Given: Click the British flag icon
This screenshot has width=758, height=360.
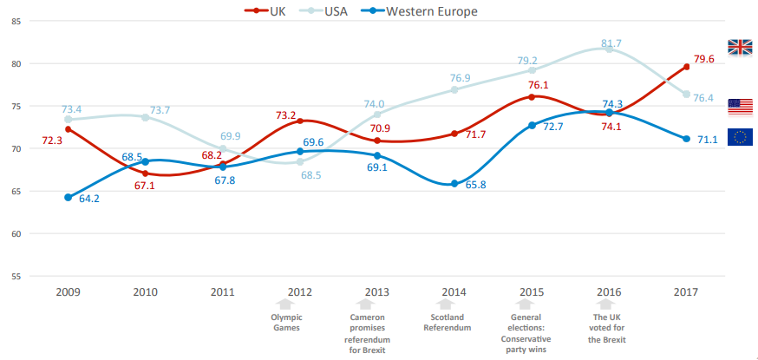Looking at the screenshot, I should point(740,47).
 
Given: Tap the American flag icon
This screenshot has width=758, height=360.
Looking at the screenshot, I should point(740,107).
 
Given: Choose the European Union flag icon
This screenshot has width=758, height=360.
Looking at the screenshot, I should point(740,136).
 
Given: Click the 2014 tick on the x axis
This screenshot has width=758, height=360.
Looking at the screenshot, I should point(454,291).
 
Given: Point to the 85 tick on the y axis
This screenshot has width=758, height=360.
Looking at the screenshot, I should point(16,21).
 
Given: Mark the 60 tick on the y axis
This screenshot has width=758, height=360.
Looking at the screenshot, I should point(16,233).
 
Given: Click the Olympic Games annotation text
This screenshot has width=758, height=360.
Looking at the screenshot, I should point(286,322).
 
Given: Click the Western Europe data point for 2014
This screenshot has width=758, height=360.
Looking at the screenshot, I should point(454,184).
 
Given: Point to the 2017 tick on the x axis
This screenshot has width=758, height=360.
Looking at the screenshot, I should point(686,291).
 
